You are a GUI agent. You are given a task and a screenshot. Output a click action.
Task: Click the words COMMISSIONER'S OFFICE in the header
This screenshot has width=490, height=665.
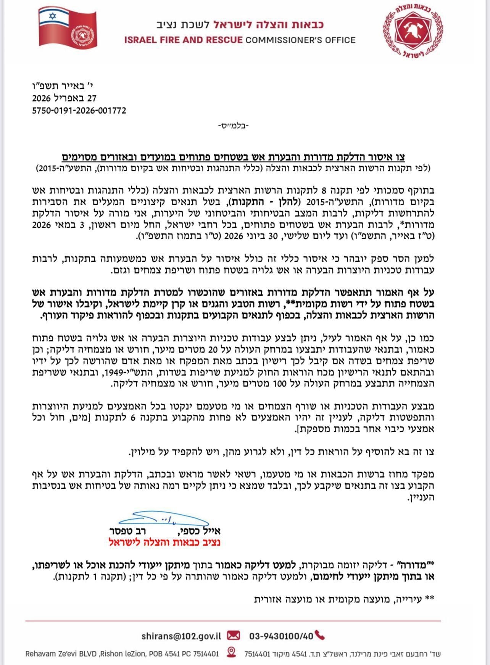[x=300, y=40]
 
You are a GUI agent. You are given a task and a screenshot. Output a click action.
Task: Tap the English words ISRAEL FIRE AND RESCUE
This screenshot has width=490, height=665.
[x=183, y=40]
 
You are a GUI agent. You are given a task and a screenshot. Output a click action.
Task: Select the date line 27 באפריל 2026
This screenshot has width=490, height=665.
[x=64, y=98]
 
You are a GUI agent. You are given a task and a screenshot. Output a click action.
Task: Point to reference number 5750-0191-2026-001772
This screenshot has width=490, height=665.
[x=79, y=111]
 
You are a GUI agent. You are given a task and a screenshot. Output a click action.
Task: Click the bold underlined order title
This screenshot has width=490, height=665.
[x=233, y=157]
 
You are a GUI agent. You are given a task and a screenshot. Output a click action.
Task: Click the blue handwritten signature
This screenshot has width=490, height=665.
[x=164, y=519]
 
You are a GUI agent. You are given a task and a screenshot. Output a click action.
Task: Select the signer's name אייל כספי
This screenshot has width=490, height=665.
[x=199, y=531]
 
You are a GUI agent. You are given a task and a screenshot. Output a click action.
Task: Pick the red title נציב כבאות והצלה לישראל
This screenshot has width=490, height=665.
[x=164, y=542]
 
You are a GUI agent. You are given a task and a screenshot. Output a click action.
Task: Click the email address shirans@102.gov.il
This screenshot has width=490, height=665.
[x=181, y=636]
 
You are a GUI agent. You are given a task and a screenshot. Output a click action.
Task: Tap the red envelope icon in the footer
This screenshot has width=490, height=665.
[x=234, y=636]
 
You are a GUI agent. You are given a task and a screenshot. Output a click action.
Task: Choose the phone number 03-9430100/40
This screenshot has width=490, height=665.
[x=281, y=636]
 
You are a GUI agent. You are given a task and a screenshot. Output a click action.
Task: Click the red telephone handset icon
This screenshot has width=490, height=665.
[x=320, y=636]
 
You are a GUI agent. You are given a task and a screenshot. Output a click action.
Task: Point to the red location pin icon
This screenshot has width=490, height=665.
[x=231, y=652]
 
